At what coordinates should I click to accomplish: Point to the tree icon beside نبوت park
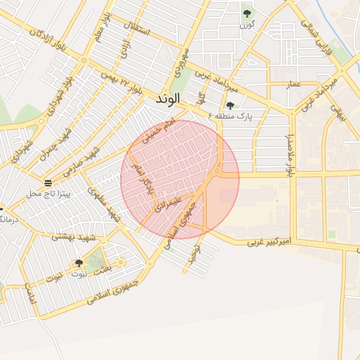(79, 263)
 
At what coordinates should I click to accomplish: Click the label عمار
(293, 85)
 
